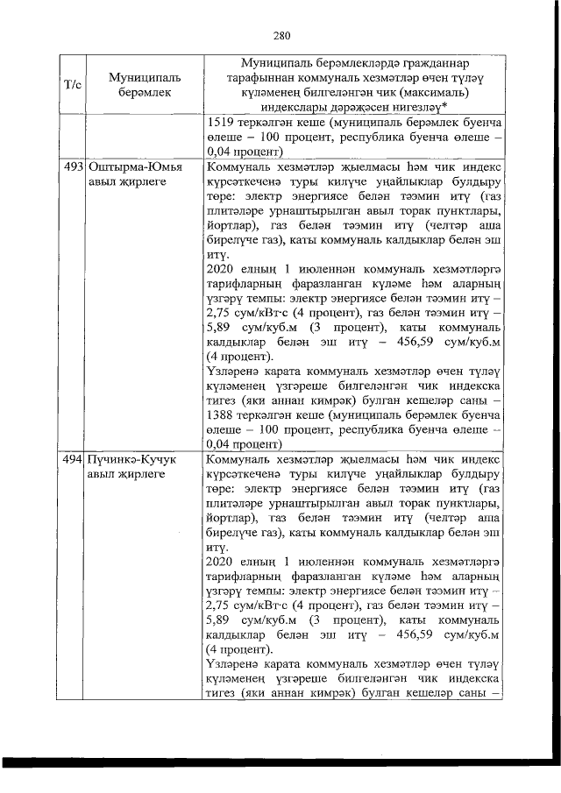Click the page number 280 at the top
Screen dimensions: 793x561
280,36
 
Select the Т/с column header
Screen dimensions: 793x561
74,84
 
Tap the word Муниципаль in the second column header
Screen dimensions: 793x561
133,77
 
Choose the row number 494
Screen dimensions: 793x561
73,460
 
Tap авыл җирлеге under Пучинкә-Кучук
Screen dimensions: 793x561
125,474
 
